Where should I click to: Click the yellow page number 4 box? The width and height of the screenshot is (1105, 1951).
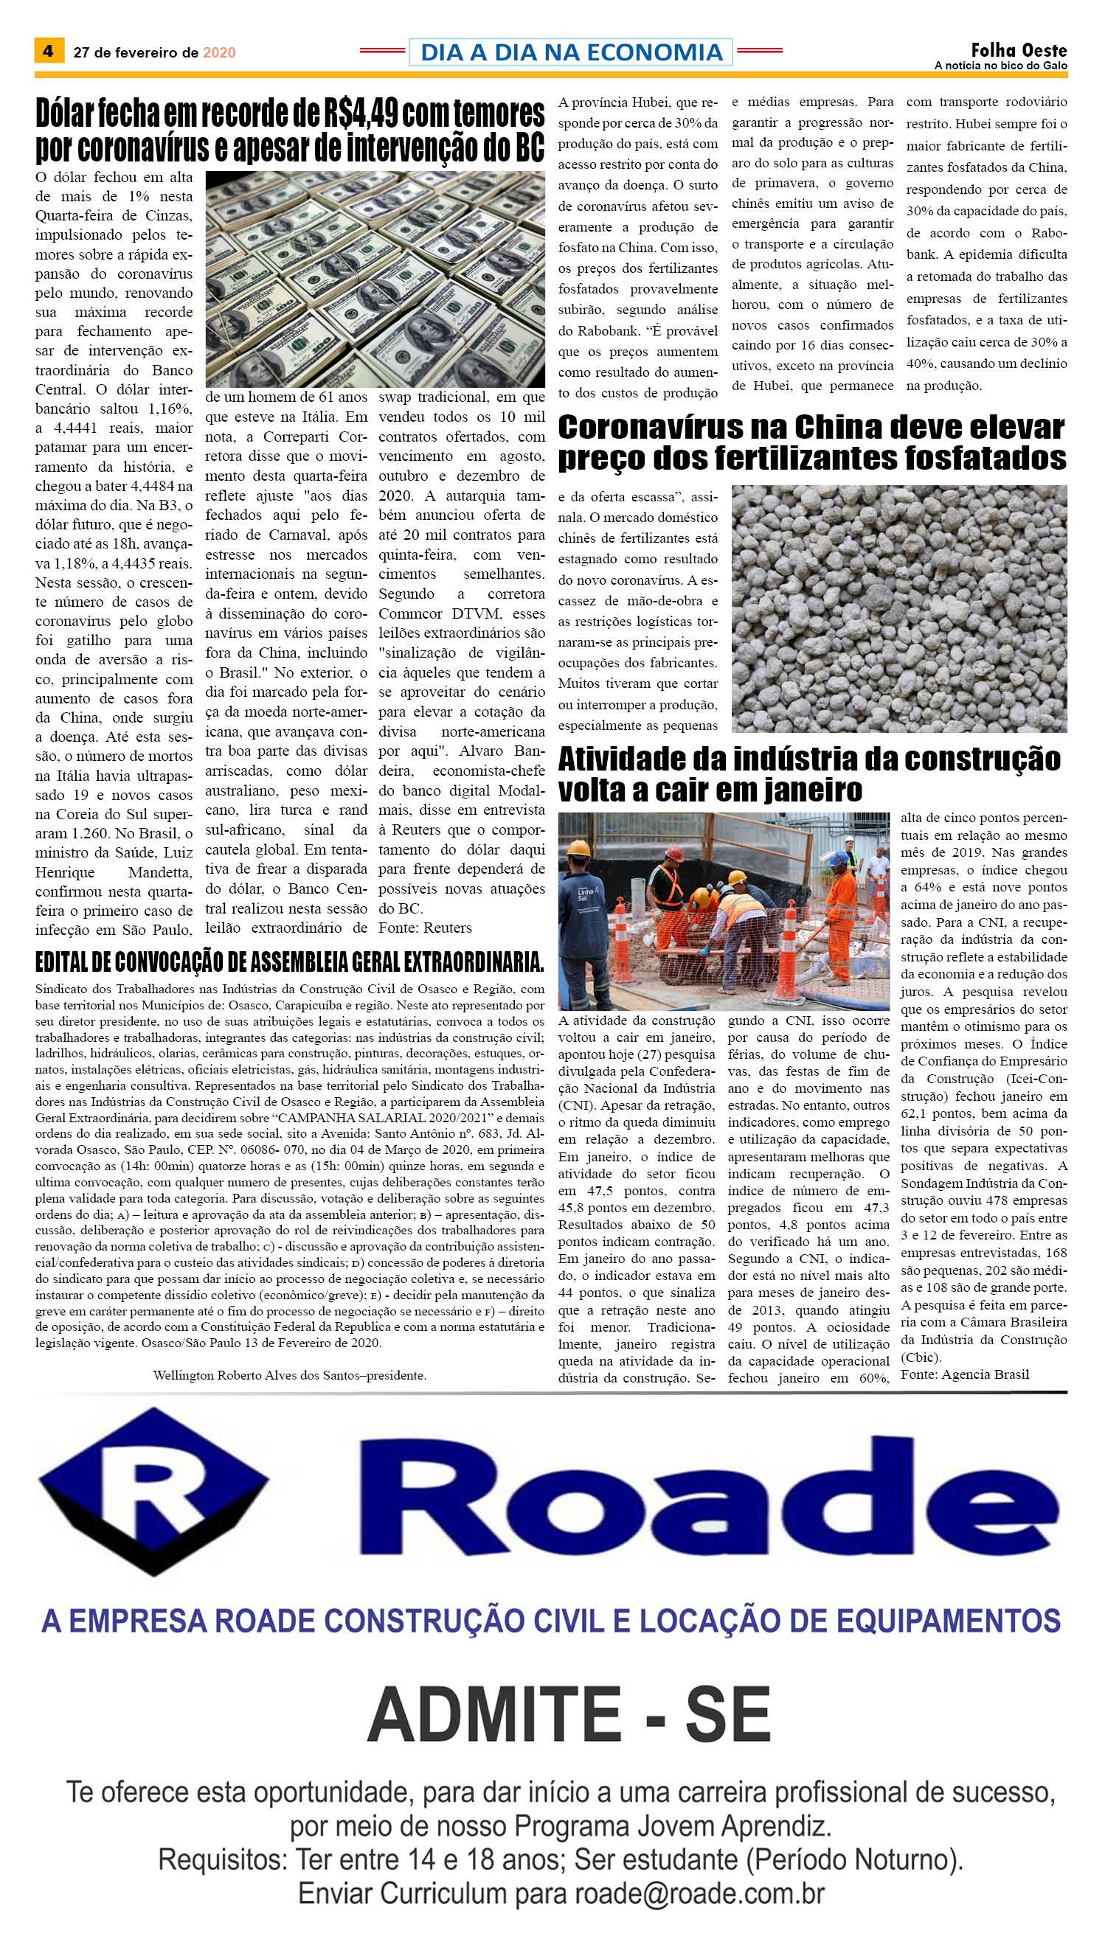[x=49, y=51]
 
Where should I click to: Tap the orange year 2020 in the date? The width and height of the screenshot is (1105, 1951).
[x=218, y=52]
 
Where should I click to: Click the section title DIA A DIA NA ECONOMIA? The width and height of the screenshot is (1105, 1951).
[x=571, y=52]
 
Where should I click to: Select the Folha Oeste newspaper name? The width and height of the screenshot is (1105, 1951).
[x=1019, y=50]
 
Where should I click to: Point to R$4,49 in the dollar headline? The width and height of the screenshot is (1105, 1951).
[x=361, y=114]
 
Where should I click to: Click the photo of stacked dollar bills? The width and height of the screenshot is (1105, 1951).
[x=375, y=279]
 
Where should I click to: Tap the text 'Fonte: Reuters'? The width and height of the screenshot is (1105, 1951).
[x=425, y=928]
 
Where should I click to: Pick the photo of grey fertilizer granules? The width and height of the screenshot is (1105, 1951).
[x=898, y=608]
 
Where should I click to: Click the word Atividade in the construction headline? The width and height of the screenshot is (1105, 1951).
[x=623, y=759]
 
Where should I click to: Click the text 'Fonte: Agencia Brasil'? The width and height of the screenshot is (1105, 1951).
[x=965, y=1374]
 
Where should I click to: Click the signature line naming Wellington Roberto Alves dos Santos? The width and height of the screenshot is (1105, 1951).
[x=289, y=1375]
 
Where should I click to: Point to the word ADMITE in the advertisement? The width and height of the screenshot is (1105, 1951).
[x=494, y=1715]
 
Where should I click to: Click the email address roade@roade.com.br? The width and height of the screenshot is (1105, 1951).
[x=699, y=1893]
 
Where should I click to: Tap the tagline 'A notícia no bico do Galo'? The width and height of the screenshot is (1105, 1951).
[x=1000, y=66]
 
